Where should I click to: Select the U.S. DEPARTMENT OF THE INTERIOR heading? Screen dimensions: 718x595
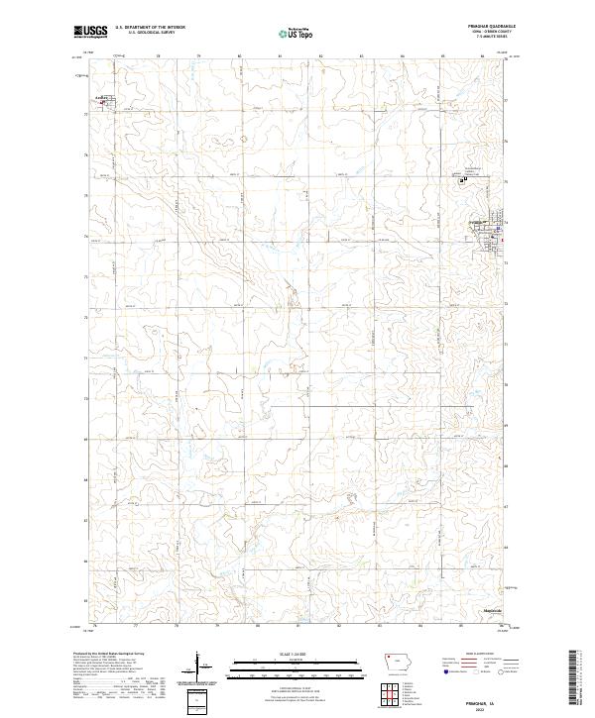coord(151,28)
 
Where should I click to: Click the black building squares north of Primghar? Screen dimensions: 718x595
coord(462,179)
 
